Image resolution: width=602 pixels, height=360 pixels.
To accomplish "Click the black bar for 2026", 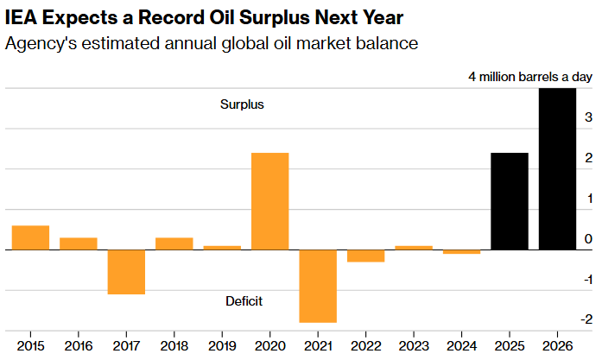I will click(x=557, y=169).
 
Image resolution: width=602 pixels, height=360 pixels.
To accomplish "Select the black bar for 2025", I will click(x=509, y=201).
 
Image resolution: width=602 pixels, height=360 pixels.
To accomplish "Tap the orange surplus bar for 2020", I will click(x=269, y=201).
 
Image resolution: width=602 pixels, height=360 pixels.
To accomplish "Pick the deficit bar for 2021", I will click(x=318, y=286).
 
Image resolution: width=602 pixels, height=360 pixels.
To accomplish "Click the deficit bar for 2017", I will click(x=126, y=272).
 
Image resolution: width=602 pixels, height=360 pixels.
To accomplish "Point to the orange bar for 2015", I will click(x=30, y=237).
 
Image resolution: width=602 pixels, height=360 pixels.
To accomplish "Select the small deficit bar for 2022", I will click(x=365, y=256).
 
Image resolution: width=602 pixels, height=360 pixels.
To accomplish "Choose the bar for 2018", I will click(x=174, y=243).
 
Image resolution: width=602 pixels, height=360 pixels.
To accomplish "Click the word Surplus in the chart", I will click(x=242, y=104).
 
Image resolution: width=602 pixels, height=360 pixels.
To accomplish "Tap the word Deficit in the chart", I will click(x=244, y=301).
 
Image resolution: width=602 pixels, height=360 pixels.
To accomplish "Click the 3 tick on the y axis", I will click(x=587, y=117).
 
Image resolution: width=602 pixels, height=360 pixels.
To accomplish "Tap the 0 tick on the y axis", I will click(x=587, y=239).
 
